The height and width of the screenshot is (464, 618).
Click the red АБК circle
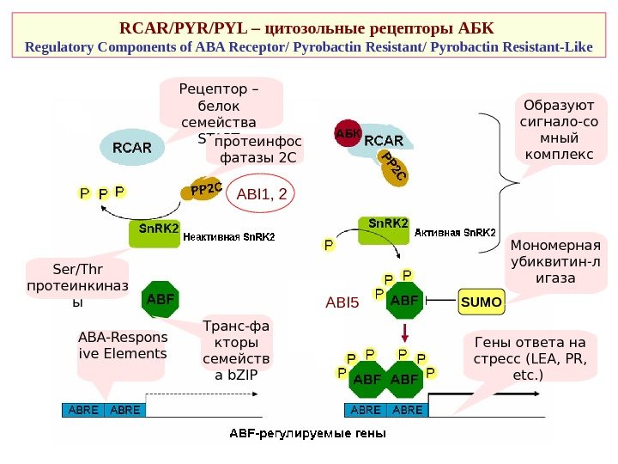[x=348, y=134]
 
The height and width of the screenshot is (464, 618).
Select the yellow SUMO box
[x=482, y=302]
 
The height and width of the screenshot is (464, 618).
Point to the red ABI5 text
[x=341, y=302]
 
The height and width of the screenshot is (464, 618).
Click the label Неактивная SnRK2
[x=229, y=237]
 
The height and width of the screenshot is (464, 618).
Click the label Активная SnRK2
[x=455, y=232]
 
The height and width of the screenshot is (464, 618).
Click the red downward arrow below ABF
[x=404, y=333]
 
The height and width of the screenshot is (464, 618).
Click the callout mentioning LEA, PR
[x=524, y=360]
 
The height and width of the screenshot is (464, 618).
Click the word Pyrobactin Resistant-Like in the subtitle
[x=515, y=44]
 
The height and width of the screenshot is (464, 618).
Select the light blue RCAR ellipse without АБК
[x=132, y=147]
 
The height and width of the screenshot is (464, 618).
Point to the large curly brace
[x=506, y=181]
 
